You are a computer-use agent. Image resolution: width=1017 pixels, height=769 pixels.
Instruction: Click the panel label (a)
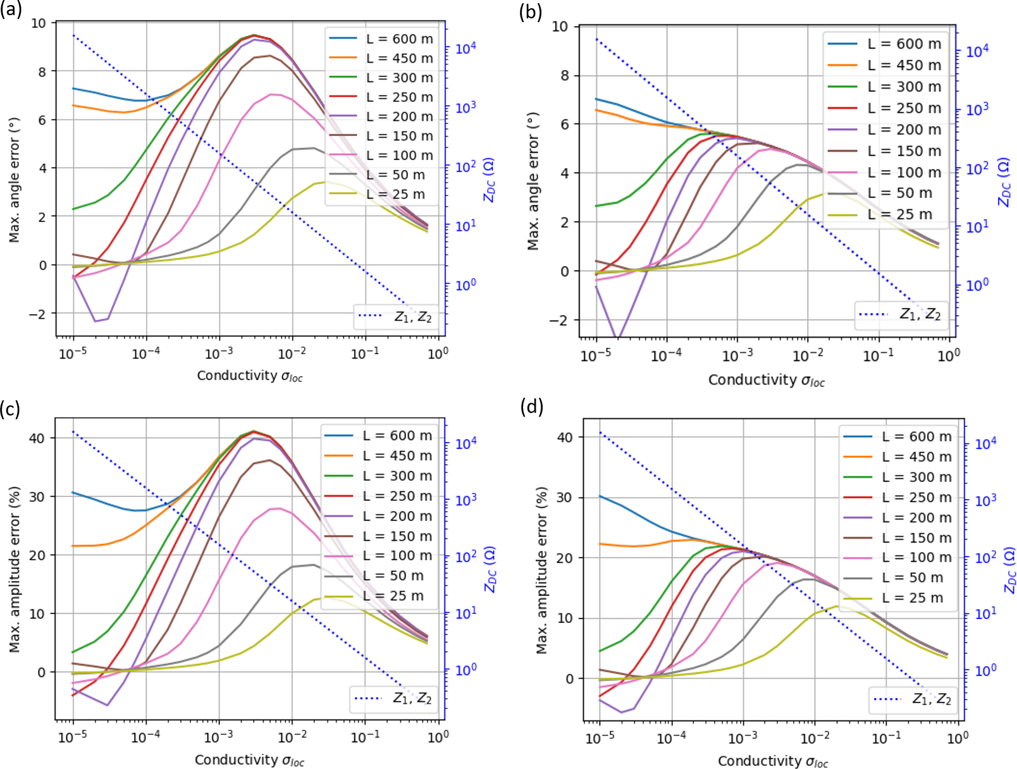pos(11,10)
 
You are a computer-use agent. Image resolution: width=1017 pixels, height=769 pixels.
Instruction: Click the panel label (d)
pos(531,407)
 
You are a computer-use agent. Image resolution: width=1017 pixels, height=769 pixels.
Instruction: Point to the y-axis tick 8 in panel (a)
pos(42,71)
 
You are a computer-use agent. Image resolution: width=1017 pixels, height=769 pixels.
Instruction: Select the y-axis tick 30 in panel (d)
pos(565,498)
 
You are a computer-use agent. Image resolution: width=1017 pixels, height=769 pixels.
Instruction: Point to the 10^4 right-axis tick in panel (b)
pos(977,51)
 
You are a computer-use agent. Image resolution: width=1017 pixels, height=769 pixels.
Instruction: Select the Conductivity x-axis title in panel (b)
pos(766,380)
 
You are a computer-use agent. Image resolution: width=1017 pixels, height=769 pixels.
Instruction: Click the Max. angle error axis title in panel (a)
pos(15,180)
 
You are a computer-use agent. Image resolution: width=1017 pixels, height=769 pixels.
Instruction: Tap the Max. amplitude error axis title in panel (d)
pos(541,570)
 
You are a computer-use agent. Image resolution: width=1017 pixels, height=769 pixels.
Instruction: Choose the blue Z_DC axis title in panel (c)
pos(490,569)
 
